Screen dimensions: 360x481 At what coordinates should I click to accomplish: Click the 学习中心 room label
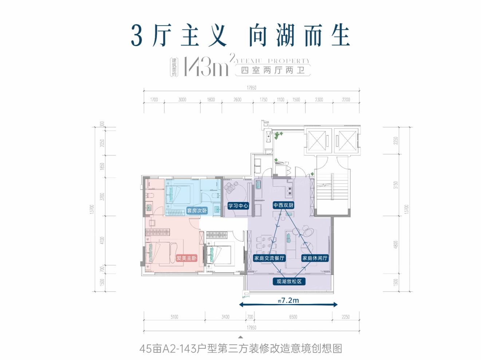pos(238,206)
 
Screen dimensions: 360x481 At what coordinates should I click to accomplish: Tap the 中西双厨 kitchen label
pos(283,205)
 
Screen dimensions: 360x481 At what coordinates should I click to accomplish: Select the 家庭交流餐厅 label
pos(269,258)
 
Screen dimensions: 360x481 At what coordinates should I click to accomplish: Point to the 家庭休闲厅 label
pos(315,258)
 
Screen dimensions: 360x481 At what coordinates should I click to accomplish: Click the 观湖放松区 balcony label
pos(289,281)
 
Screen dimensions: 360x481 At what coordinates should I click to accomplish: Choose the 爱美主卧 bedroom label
pos(186,258)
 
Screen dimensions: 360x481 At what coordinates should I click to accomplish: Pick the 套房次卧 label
pos(197,210)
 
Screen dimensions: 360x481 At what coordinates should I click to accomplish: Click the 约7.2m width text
pos(288,300)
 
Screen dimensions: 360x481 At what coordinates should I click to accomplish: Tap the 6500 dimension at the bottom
pos(293,317)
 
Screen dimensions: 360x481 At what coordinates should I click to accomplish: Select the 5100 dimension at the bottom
pos(174,317)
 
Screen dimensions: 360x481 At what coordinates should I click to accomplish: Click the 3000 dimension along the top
pos(182,99)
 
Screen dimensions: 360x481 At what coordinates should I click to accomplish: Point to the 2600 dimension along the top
pos(237,99)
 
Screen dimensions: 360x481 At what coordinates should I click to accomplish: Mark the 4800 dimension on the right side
pos(396,244)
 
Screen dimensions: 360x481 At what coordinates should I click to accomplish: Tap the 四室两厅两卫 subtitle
pos(273,70)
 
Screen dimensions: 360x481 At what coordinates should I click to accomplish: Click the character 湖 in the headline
pos(285,36)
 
